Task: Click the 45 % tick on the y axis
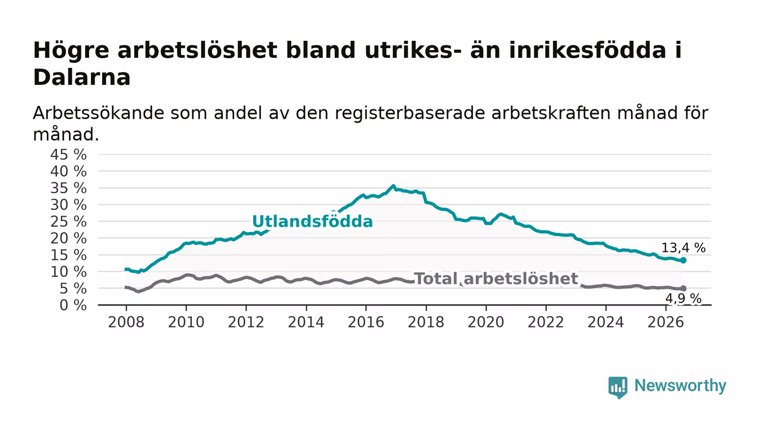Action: tap(68, 155)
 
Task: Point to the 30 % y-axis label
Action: tap(68, 205)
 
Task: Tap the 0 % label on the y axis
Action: tap(73, 305)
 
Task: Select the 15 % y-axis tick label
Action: tap(68, 255)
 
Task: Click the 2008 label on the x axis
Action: tap(126, 322)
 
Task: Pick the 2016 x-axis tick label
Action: tap(366, 322)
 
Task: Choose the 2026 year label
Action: tap(665, 322)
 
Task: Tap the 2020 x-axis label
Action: tap(486, 322)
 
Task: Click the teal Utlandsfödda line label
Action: tap(313, 221)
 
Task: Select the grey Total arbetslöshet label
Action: tap(496, 279)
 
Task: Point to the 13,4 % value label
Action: tap(683, 248)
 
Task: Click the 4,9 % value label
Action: tap(683, 299)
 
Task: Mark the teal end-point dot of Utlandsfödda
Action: tap(683, 261)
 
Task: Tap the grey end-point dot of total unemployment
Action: tap(683, 288)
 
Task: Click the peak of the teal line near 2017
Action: tap(394, 186)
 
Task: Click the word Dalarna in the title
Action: tap(82, 77)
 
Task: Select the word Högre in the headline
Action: tap(71, 51)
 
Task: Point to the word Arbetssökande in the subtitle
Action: tap(98, 113)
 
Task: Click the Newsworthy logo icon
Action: tap(617, 387)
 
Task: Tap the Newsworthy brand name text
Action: tap(680, 386)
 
